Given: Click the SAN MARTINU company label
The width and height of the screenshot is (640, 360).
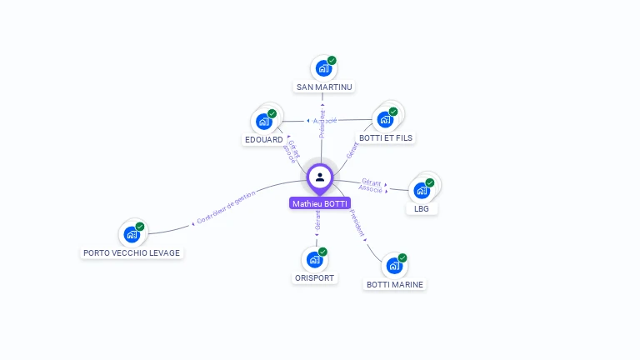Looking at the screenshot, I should tap(324, 87).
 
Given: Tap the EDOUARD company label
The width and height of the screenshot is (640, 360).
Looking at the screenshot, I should tap(263, 139).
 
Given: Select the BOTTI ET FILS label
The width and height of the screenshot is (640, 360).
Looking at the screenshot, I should tap(385, 137).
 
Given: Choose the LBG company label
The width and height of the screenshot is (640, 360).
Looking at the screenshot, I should tap(422, 208).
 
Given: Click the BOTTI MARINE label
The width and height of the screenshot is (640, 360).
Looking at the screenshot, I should tap(395, 284).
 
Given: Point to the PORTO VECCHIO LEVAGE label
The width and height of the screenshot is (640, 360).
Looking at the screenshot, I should tap(132, 252).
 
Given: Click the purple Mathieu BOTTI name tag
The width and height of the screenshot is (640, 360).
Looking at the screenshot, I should tap(320, 203).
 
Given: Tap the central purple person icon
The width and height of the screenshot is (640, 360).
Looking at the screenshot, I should tap(320, 177).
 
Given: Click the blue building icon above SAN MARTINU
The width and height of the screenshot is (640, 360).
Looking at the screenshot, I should tap(323, 68).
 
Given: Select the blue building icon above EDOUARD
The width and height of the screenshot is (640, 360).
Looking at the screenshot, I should tap(264, 121).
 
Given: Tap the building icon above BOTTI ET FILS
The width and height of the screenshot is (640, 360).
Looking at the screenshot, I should tap(385, 119).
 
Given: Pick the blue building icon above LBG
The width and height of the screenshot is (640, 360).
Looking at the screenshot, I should tap(422, 190).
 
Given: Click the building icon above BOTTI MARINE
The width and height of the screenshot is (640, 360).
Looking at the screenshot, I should tap(394, 266).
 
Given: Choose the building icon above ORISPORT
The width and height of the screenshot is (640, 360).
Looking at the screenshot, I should tap(315, 259).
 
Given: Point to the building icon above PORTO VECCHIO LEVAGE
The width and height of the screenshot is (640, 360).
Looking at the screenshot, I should tap(132, 234).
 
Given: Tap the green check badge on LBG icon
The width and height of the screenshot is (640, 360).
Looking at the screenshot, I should tap(430, 182).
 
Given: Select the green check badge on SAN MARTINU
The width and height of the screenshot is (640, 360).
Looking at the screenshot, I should tap(332, 61).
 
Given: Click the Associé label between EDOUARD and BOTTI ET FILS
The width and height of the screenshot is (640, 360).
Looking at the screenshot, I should tap(325, 121).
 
